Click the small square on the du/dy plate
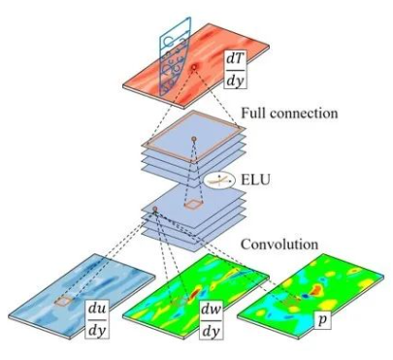click(64, 302)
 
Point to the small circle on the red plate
click(195, 67)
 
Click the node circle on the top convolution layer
click(154, 209)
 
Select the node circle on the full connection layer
click(193, 140)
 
